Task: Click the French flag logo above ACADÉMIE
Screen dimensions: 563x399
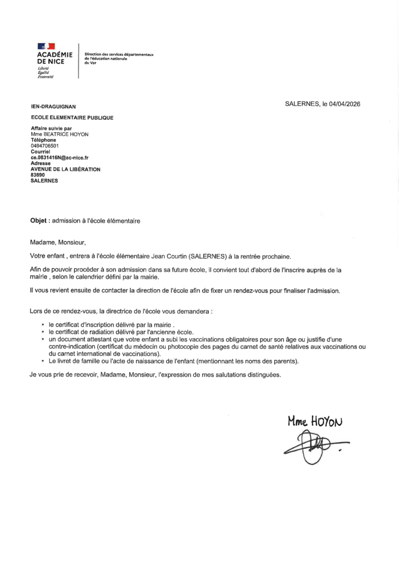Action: (x=46, y=47)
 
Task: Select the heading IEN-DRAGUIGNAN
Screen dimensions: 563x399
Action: (x=53, y=107)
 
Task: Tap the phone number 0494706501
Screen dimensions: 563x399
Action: (x=44, y=146)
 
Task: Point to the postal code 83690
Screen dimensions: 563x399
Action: (x=37, y=175)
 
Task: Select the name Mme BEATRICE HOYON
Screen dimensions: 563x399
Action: (x=59, y=134)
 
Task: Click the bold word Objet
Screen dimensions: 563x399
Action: (x=39, y=221)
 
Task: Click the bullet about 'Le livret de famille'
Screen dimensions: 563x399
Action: (x=172, y=362)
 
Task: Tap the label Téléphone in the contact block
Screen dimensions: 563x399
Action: (x=43, y=140)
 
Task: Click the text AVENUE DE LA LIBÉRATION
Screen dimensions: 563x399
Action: (x=65, y=169)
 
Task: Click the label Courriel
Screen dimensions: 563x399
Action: (x=40, y=151)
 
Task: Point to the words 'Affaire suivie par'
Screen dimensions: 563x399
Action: (x=51, y=128)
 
